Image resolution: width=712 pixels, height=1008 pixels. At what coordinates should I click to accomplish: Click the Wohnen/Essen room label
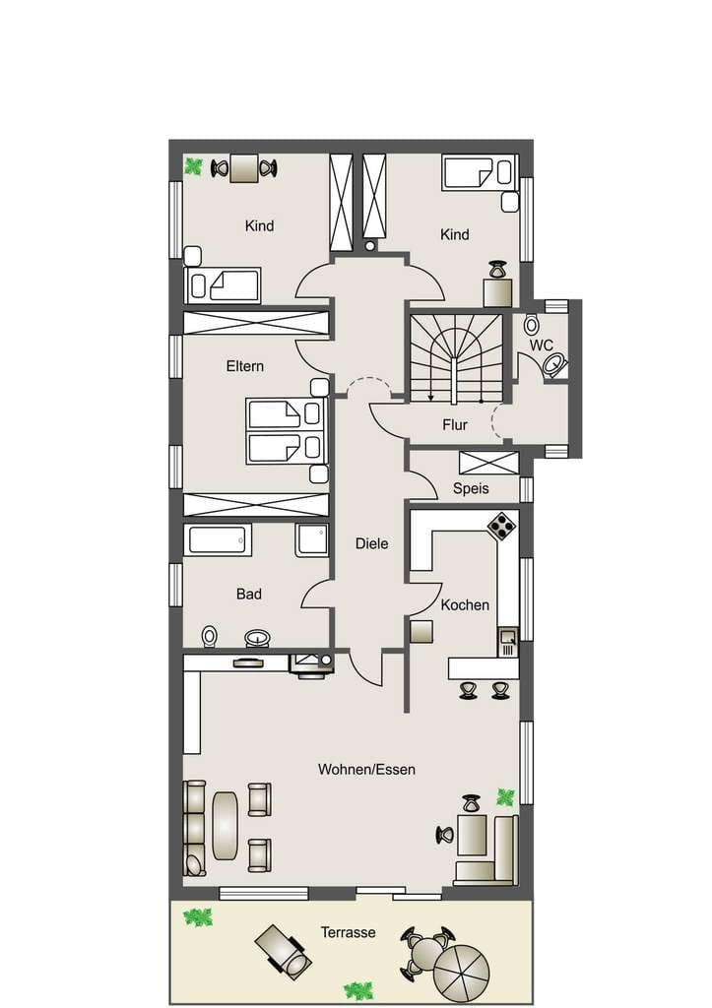point(366,770)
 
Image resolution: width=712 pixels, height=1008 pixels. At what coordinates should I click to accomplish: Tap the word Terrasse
point(348,932)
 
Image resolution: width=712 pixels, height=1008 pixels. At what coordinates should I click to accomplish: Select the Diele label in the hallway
point(372,543)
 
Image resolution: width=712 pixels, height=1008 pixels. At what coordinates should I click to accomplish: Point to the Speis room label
point(471,488)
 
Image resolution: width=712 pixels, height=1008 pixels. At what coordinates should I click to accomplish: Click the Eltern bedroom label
point(245,366)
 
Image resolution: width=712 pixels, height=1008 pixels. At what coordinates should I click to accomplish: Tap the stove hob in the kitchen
point(502,526)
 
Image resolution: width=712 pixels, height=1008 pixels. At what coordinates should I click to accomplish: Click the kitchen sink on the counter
point(507,642)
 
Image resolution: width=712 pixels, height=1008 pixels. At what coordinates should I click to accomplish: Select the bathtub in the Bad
point(218,540)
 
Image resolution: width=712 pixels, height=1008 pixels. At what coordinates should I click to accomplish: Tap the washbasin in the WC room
point(553,364)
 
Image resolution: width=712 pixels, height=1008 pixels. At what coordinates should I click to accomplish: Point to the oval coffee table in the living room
point(225,826)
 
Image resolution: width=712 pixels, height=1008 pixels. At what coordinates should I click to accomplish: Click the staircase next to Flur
point(456,358)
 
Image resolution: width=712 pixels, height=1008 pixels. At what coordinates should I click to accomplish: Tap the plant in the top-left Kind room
point(193,166)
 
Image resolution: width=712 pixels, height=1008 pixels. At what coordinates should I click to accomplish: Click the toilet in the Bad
point(210,637)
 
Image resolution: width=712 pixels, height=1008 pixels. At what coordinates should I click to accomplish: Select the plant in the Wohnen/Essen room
point(505,797)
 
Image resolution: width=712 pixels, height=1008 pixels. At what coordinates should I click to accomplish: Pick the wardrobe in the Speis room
point(488,464)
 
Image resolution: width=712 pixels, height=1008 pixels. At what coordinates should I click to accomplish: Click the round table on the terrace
point(426,949)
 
